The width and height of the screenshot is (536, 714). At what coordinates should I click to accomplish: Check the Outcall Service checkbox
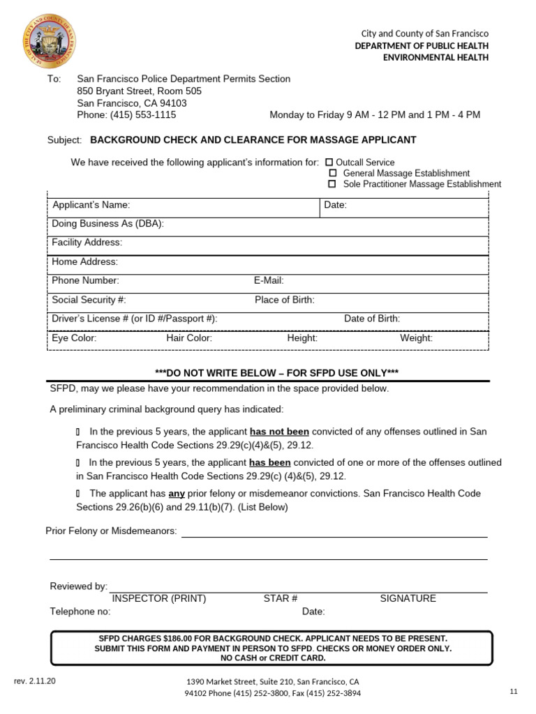click(329, 162)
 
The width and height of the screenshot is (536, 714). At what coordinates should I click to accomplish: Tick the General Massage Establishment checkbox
click(332, 173)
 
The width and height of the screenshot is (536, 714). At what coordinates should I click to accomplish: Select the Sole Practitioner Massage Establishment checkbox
click(332, 184)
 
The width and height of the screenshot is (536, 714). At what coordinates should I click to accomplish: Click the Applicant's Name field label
click(91, 205)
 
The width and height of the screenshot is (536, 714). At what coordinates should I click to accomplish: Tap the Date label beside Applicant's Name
click(335, 205)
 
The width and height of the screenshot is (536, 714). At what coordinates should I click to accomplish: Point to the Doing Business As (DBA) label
click(107, 224)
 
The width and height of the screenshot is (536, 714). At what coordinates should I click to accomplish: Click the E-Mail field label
click(269, 280)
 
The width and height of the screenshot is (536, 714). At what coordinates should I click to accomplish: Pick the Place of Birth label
click(284, 300)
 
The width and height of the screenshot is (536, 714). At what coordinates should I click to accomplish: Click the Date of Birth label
click(372, 319)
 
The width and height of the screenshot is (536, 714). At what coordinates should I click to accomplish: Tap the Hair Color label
click(189, 338)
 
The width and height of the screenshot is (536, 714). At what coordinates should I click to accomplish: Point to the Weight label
click(416, 338)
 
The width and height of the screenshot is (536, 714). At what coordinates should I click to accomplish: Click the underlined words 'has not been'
click(279, 432)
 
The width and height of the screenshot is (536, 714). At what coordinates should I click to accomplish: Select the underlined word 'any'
click(177, 493)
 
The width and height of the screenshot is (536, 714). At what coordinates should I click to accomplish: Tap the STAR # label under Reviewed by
click(281, 598)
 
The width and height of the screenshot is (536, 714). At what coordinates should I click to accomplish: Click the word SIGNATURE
click(408, 598)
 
